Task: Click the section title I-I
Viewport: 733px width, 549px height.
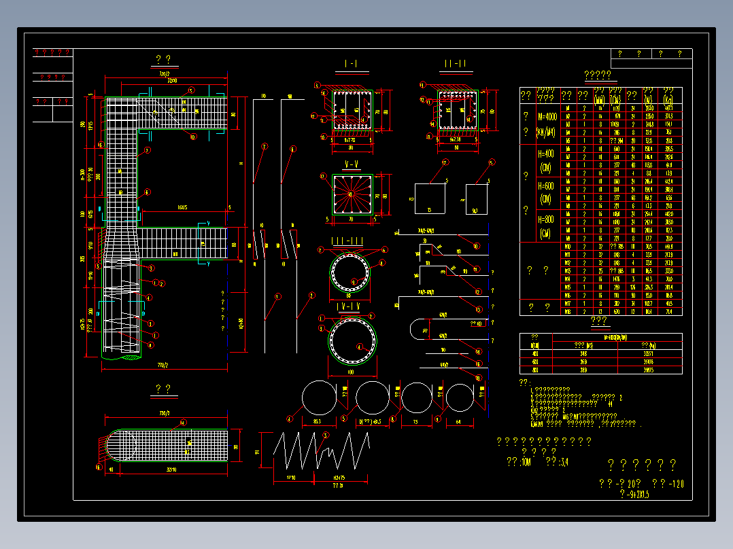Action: pyautogui.click(x=351, y=64)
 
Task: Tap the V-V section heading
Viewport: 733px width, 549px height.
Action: pyautogui.click(x=351, y=164)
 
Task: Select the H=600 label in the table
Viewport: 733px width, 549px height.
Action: pyautogui.click(x=546, y=192)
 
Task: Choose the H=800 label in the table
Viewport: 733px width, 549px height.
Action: pyautogui.click(x=546, y=226)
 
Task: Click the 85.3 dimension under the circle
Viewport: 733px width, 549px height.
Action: pyautogui.click(x=317, y=421)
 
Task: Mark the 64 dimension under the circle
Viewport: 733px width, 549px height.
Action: pyautogui.click(x=459, y=421)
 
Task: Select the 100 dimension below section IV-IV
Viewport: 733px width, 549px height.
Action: pyautogui.click(x=352, y=373)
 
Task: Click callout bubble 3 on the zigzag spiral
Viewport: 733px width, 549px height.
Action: pyautogui.click(x=324, y=435)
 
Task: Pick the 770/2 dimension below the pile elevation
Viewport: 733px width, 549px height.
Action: pyautogui.click(x=163, y=366)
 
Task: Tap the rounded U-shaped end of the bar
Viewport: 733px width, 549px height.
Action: pyautogui.click(x=418, y=330)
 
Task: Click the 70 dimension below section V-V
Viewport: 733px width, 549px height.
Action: pyautogui.click(x=352, y=220)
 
